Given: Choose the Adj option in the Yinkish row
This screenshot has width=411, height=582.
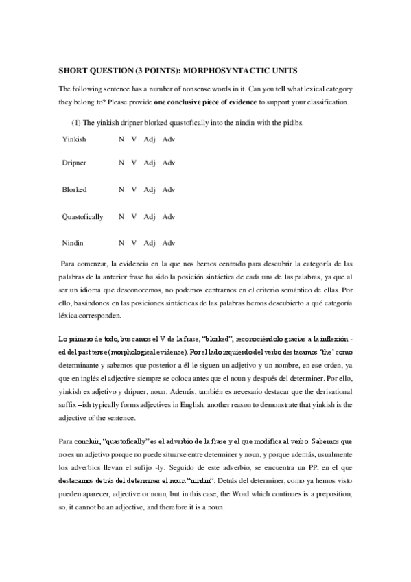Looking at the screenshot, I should pyautogui.click(x=150, y=139).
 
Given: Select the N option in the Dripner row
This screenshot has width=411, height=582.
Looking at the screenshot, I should pyautogui.click(x=121, y=163).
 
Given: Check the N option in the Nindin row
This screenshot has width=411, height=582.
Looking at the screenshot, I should pyautogui.click(x=121, y=242).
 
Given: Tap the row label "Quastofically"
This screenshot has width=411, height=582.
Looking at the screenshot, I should pyautogui.click(x=82, y=216).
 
